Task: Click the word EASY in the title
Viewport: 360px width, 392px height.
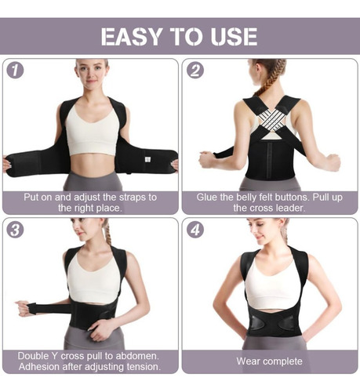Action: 132,37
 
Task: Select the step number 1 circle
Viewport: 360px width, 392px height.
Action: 15,71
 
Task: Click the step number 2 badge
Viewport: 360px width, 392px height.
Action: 195,70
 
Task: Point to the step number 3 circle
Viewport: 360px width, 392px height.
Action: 15,230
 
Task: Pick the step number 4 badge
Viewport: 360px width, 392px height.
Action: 195,230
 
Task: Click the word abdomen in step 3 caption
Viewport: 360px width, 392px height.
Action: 137,356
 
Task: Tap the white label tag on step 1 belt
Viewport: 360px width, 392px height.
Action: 147,159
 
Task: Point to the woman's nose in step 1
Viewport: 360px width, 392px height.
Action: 92,75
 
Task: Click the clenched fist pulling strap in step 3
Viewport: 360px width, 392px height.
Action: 23,308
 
